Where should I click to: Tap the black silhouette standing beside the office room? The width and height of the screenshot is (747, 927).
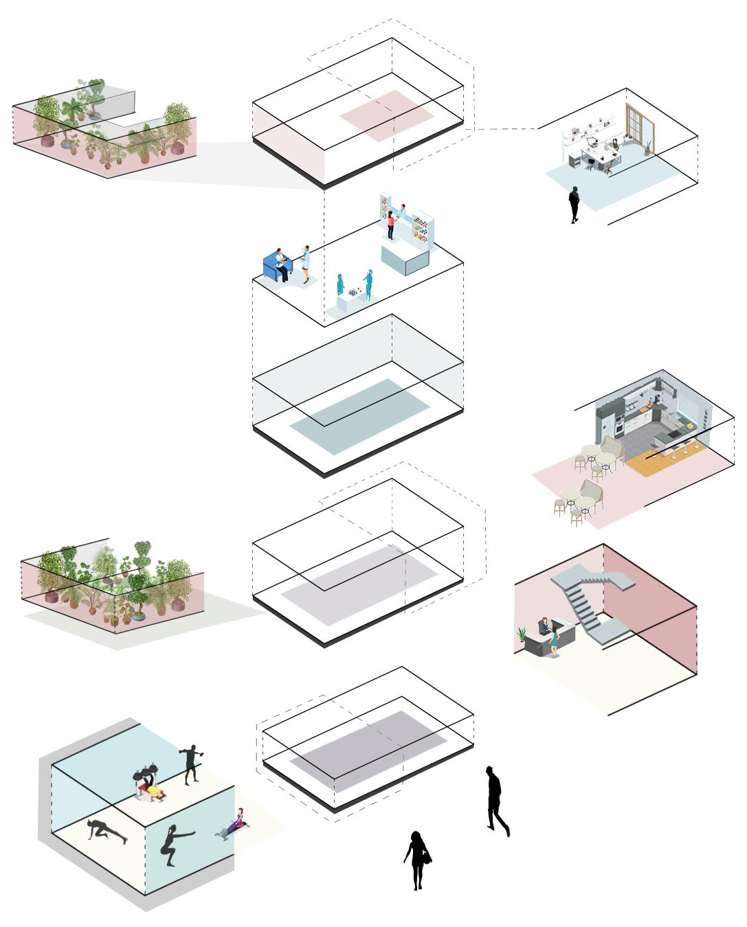pos(574,204)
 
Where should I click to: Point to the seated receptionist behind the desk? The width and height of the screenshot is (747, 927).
pos(544,627)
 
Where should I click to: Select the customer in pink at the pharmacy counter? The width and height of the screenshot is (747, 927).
pos(390,225)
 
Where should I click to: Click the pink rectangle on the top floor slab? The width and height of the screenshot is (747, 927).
pos(387,115)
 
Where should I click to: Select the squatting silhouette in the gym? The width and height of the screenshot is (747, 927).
pos(174,845)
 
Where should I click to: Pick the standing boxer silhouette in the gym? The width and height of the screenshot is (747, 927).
pos(191,763)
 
